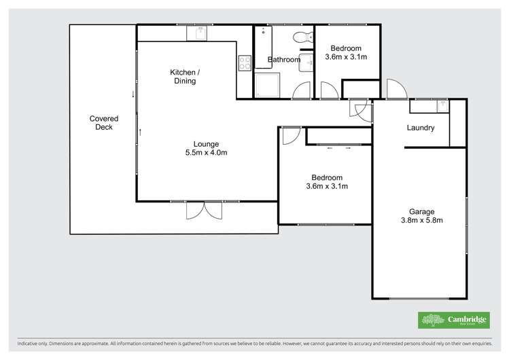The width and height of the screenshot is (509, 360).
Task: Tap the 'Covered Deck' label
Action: (x=103, y=122)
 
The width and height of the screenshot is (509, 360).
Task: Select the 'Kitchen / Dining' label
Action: (x=183, y=76)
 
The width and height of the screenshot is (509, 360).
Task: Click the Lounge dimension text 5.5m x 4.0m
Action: (x=205, y=153)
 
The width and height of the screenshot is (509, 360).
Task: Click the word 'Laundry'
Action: (x=420, y=128)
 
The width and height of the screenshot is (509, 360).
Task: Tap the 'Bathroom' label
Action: (x=284, y=60)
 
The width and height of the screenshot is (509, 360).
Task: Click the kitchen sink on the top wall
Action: (x=201, y=32)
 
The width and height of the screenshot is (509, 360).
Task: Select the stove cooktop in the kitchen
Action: (x=245, y=62)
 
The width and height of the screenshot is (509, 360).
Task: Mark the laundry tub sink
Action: (x=442, y=106)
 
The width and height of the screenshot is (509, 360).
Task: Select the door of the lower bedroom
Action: (x=290, y=134)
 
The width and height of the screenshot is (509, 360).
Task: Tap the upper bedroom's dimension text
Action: (x=346, y=57)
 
